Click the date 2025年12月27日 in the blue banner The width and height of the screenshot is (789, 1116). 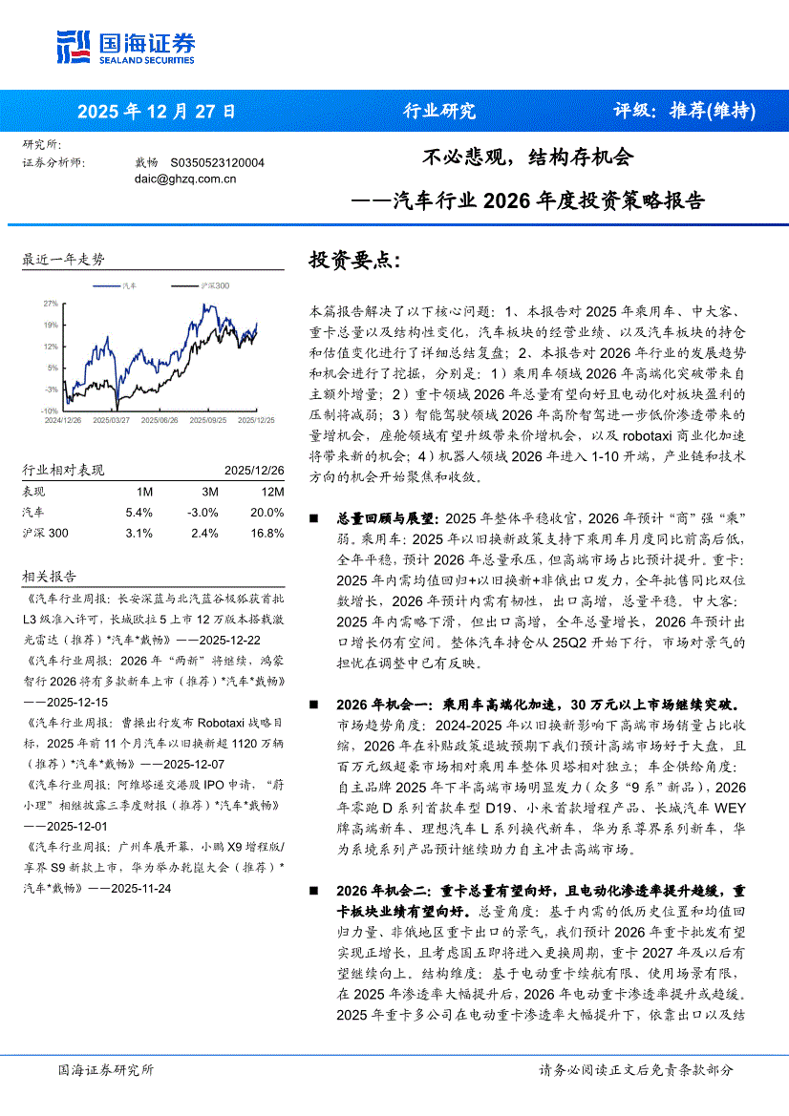tap(156, 111)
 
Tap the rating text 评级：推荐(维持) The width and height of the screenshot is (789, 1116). tap(684, 111)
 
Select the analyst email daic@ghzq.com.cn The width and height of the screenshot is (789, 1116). tap(185, 178)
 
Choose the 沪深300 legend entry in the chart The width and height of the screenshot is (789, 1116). tap(215, 285)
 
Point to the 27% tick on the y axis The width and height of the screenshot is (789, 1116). tap(51, 304)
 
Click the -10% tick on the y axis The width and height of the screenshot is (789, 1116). tap(49, 411)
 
